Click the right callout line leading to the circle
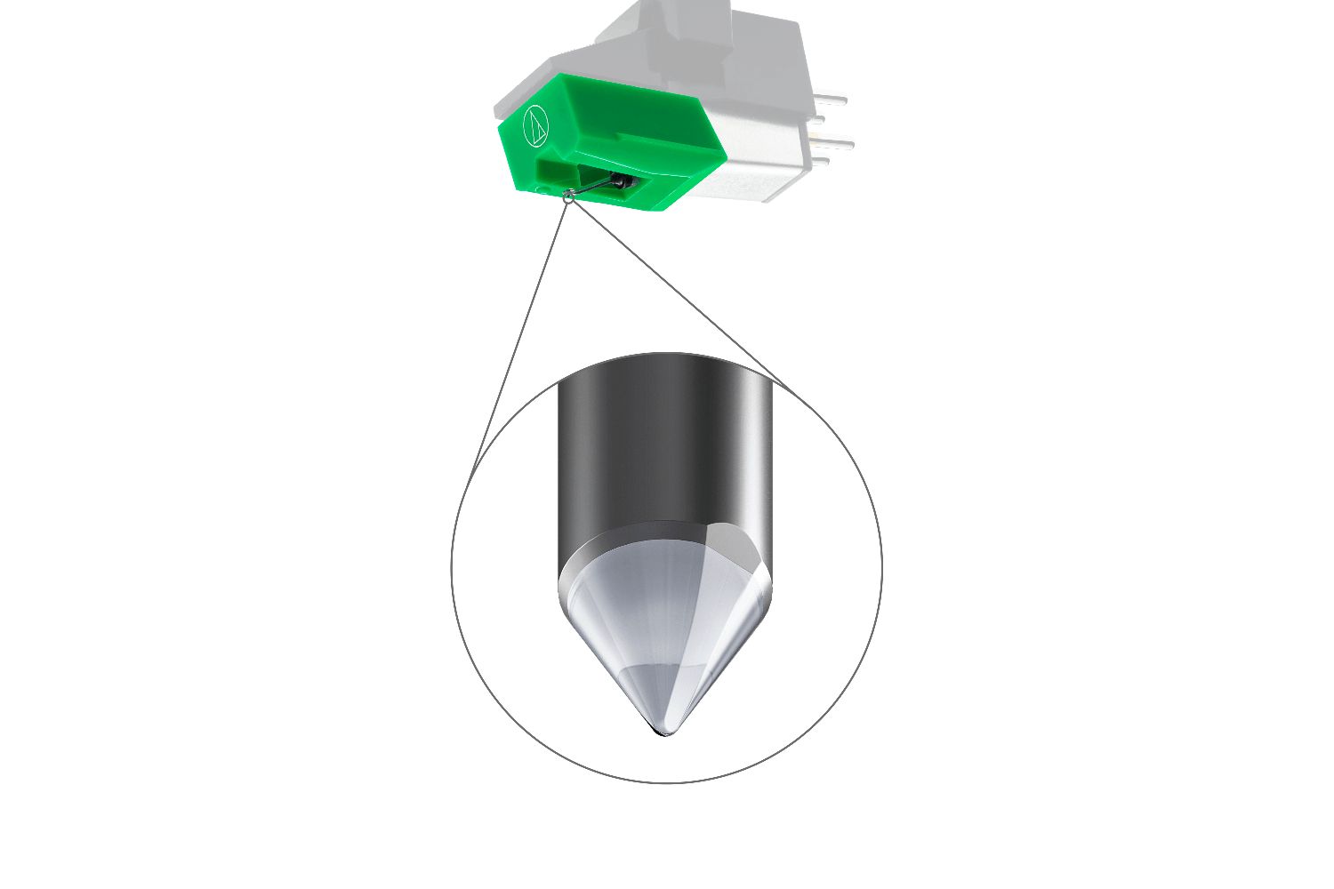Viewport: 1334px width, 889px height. [x=676, y=293]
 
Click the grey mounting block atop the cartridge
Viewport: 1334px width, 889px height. [x=694, y=36]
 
